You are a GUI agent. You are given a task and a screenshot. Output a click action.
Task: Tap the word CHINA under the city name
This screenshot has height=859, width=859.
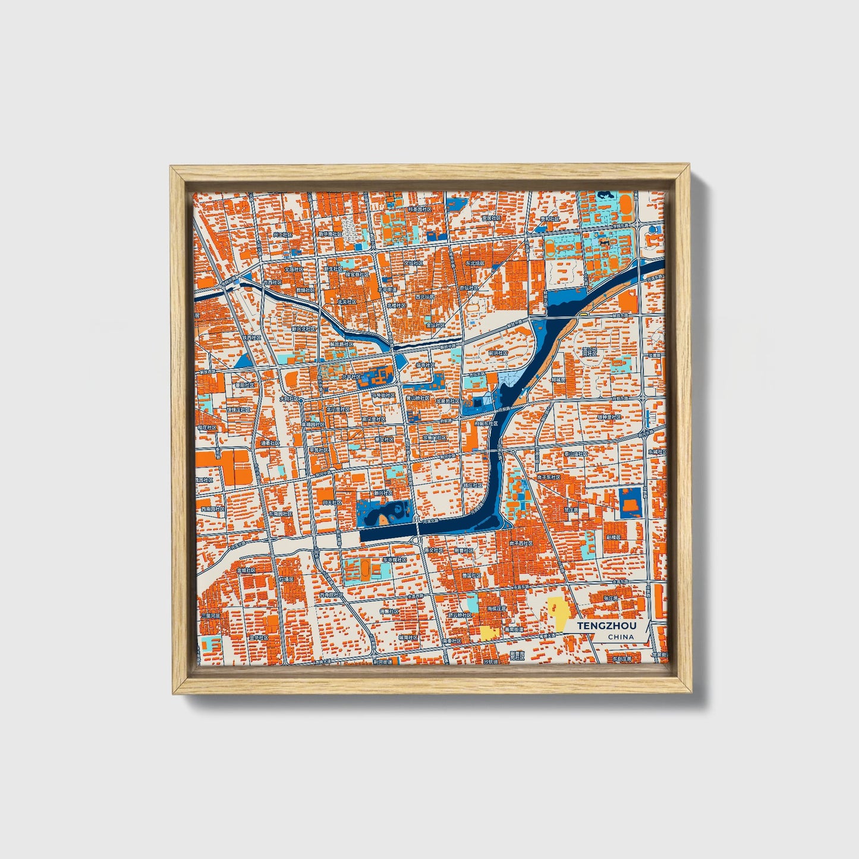pos(621,637)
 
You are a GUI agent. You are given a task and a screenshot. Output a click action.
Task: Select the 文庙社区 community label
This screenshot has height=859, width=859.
pos(294,269)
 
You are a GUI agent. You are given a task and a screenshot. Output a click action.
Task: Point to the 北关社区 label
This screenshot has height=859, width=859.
pos(347,301)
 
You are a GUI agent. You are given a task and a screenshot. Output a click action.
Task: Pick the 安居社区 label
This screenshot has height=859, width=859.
pos(492,218)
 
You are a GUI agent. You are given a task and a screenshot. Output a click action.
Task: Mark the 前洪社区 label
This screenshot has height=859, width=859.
pos(498,353)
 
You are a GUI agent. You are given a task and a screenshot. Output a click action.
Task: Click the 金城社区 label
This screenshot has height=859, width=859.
pos(246,570)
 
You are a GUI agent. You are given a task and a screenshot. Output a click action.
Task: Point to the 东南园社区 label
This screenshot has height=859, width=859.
pos(280,514)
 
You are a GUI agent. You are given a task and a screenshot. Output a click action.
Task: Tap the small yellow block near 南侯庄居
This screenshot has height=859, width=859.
pos(490,632)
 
